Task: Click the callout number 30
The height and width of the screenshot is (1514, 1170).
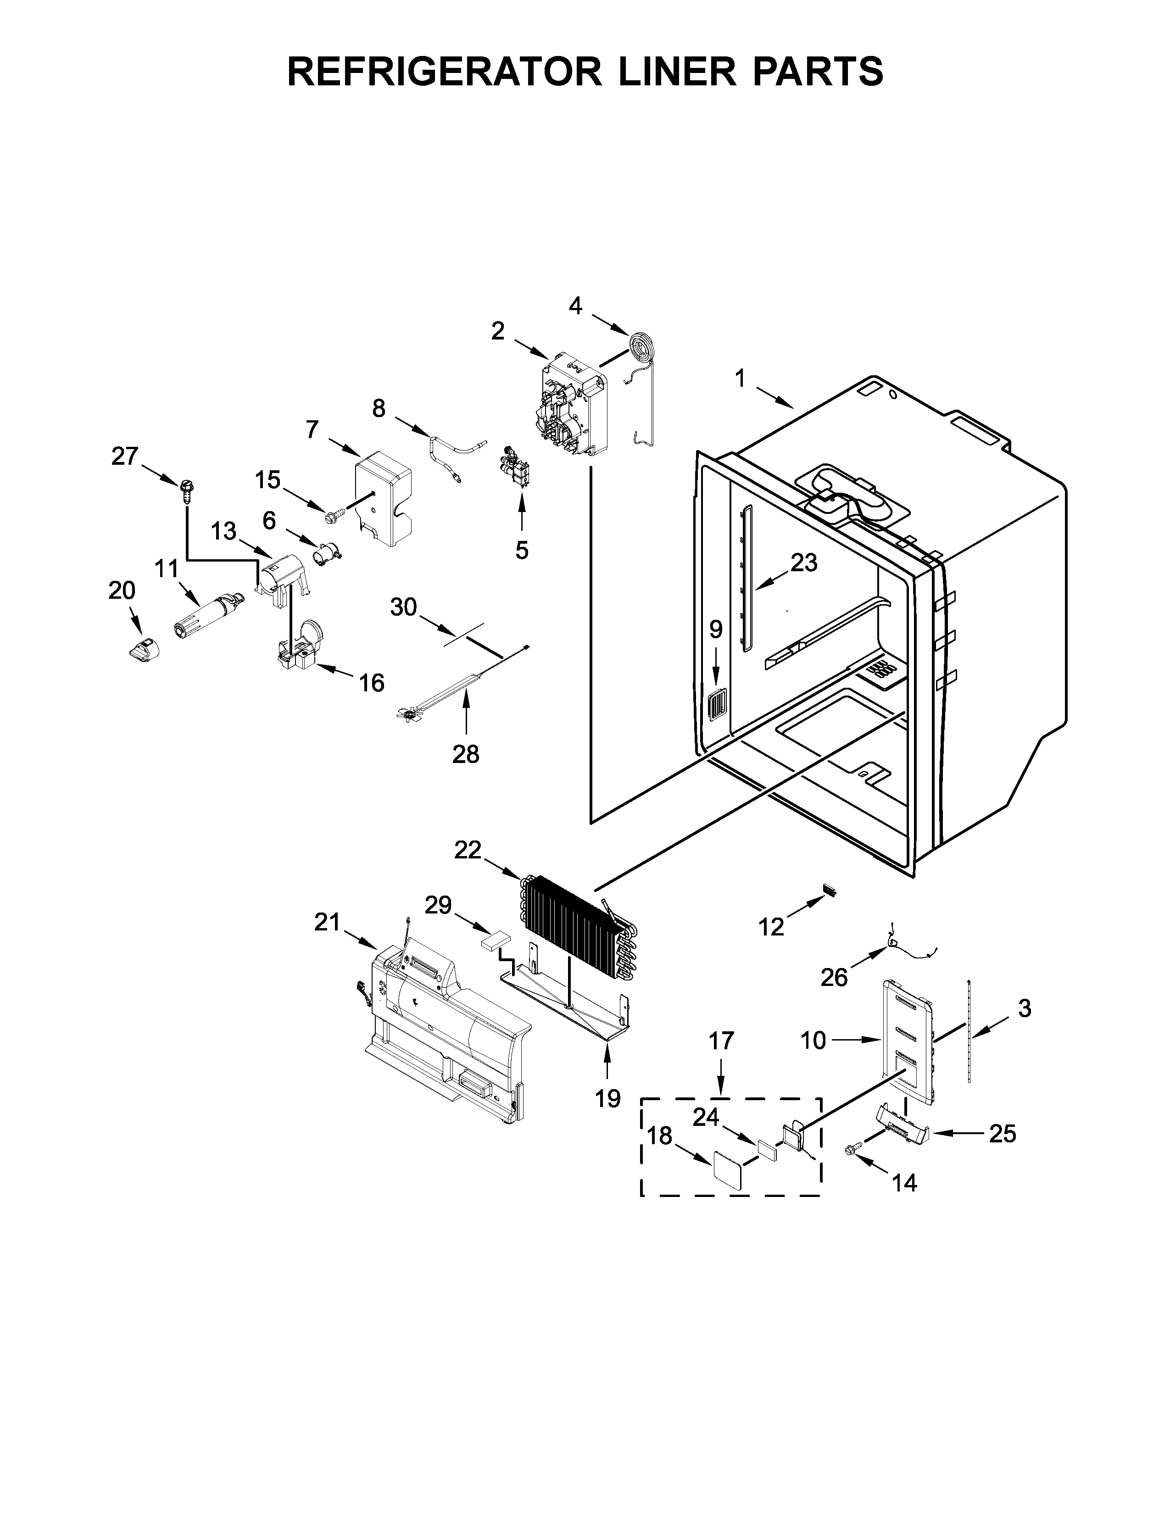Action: tap(403, 607)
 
